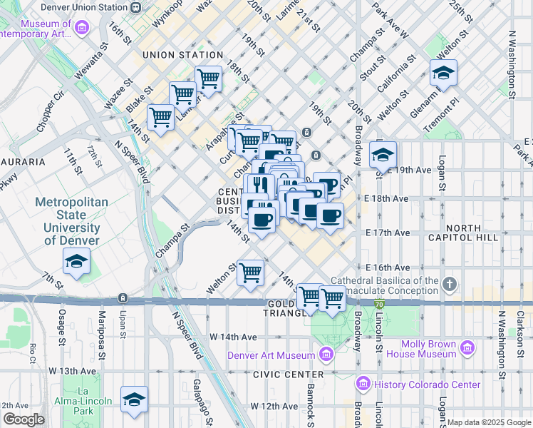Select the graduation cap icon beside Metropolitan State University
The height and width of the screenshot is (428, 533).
[76, 261]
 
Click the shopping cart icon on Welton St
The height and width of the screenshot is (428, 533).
[250, 272]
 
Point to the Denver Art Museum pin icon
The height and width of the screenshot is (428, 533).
[326, 354]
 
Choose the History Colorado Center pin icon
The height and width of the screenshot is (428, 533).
[363, 384]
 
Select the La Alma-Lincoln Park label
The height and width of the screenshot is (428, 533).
[88, 401]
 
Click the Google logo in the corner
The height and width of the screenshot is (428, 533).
[24, 419]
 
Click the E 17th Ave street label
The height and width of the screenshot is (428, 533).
[387, 233]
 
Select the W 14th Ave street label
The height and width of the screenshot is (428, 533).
[232, 337]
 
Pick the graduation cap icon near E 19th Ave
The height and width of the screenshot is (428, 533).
[383, 154]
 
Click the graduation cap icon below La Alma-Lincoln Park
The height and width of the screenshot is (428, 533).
[133, 401]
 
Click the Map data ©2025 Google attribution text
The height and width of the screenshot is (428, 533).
[489, 422]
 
